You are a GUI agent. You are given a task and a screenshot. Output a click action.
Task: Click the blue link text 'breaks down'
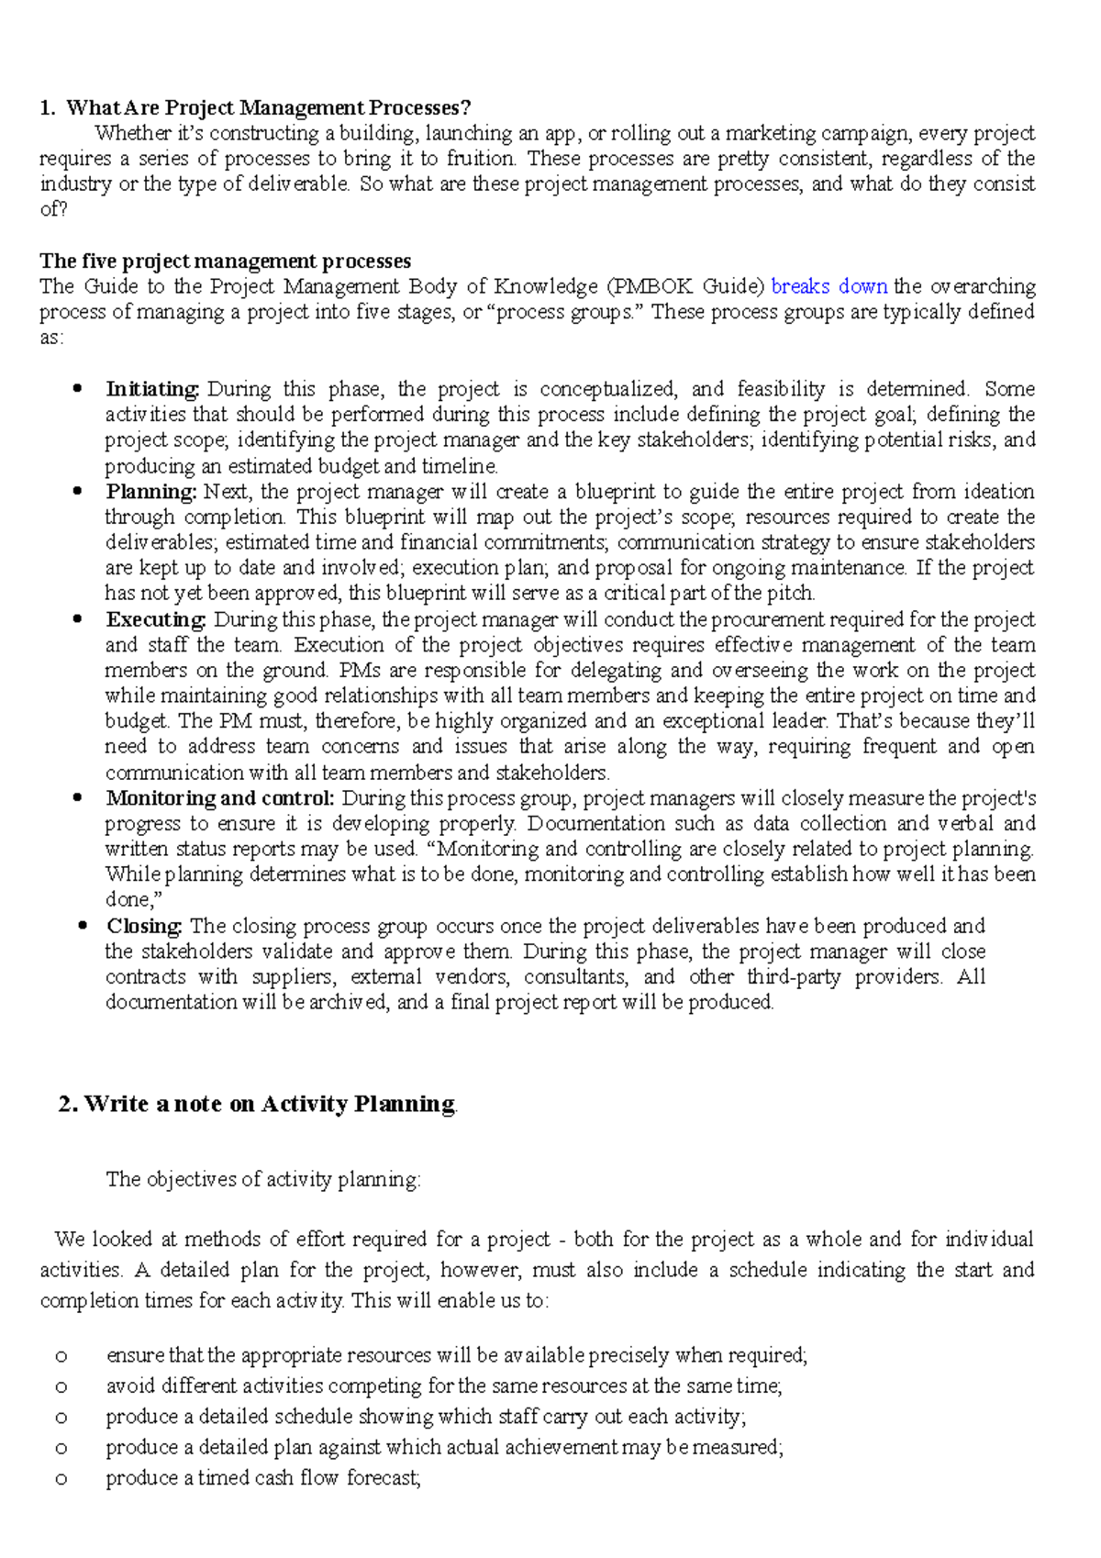pos(829,286)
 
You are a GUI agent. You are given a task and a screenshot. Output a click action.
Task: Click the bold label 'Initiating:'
pos(152,389)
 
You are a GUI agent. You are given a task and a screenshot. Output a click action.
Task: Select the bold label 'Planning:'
pos(151,492)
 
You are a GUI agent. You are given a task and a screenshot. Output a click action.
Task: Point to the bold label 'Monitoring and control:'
pos(220,798)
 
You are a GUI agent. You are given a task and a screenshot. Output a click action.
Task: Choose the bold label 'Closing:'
pos(145,926)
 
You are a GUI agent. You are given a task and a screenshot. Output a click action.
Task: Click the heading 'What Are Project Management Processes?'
pos(268,108)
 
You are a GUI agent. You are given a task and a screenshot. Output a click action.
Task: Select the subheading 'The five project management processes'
pos(225,262)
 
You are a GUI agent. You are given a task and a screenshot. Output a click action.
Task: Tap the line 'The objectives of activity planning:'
pos(263,1180)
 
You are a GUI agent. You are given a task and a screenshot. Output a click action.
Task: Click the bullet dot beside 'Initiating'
pos(78,389)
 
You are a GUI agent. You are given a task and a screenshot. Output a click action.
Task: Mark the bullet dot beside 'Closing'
pos(83,926)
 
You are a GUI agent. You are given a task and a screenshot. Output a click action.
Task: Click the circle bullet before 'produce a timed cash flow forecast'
pos(61,1479)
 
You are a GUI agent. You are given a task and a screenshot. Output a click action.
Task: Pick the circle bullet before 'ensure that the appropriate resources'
pos(61,1356)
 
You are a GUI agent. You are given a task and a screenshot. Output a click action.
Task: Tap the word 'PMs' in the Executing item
pos(358,671)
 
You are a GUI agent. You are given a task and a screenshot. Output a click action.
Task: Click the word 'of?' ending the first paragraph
pos(54,209)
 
